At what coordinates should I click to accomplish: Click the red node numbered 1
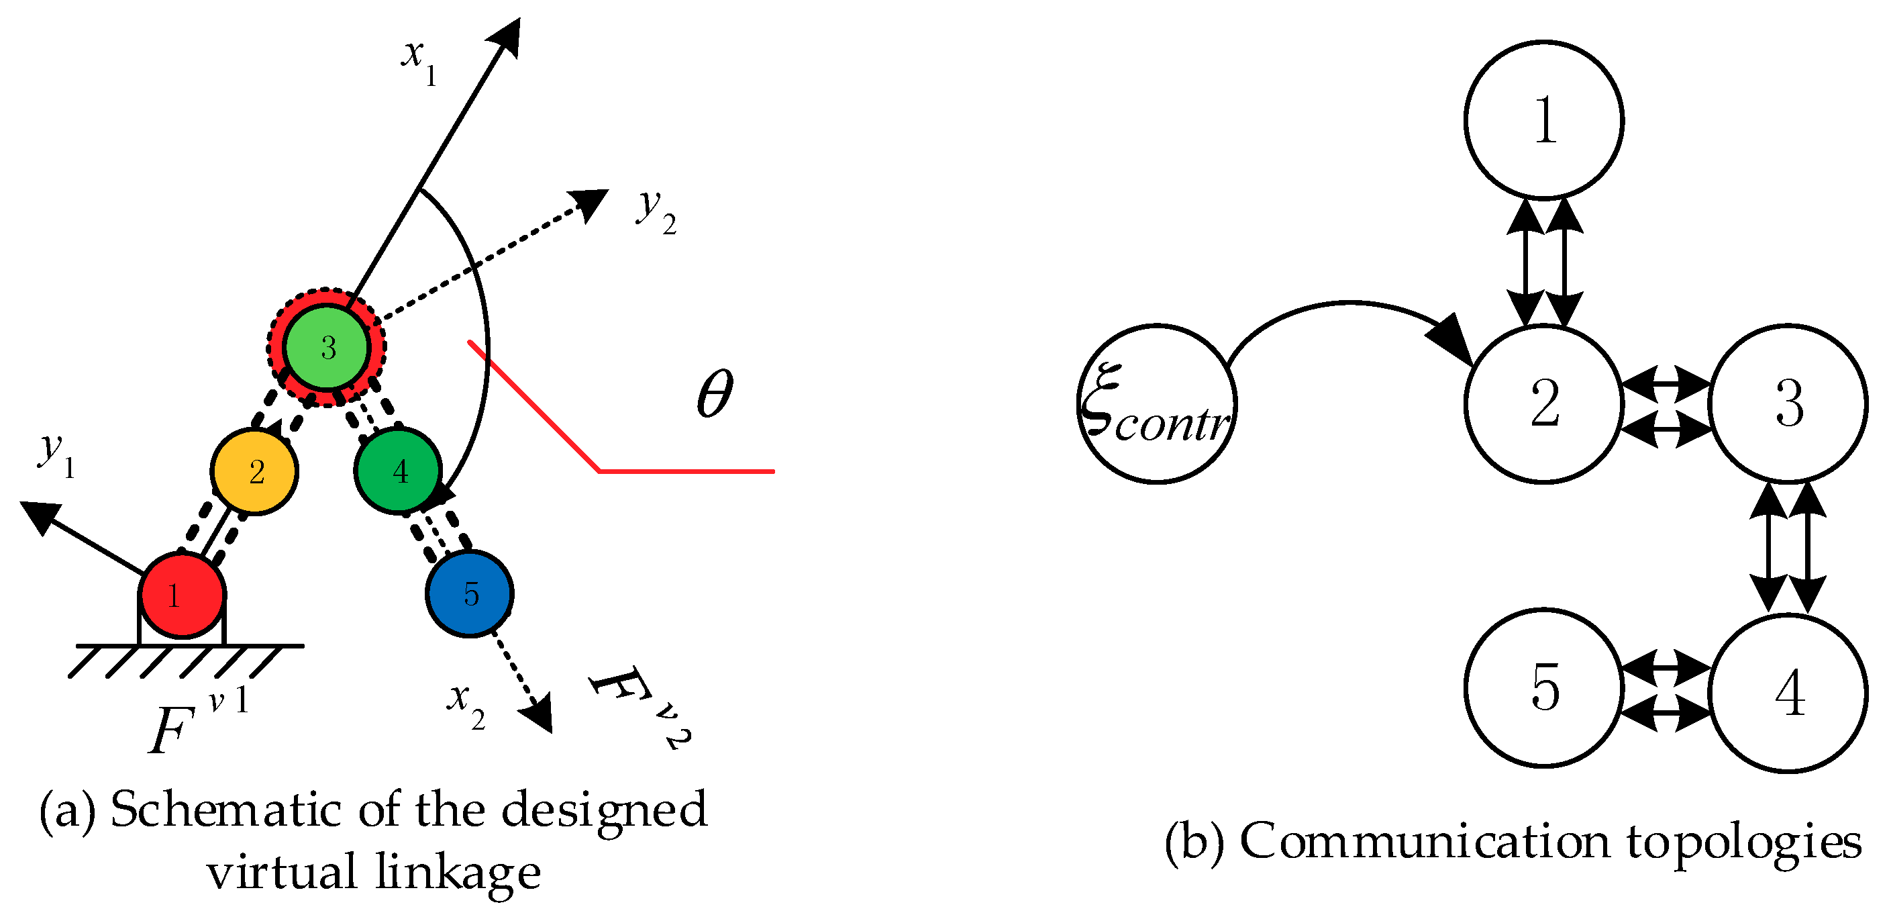[x=182, y=595]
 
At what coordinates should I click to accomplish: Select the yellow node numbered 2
[x=254, y=471]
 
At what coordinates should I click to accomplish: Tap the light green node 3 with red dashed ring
[x=326, y=346]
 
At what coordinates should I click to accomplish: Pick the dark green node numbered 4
[x=398, y=470]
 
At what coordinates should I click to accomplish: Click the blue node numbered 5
[x=469, y=593]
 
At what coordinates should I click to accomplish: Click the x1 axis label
[x=419, y=60]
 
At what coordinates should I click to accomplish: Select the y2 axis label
[x=655, y=211]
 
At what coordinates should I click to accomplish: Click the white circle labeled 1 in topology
[x=1543, y=119]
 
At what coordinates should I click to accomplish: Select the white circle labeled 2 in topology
[x=1543, y=403]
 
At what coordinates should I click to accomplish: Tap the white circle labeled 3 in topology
[x=1788, y=403]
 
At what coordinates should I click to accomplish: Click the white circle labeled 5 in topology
[x=1543, y=687]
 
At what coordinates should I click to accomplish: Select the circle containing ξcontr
[x=1156, y=403]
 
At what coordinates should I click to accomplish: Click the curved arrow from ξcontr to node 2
[x=1349, y=305]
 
